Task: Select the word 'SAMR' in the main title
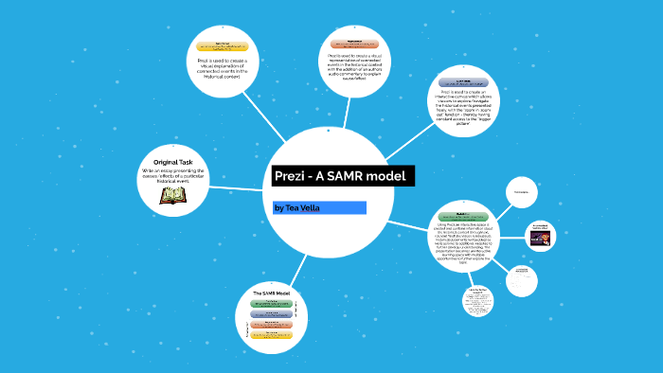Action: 350,177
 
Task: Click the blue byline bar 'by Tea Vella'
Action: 319,207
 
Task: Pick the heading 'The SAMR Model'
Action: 272,294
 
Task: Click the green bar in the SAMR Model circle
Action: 272,304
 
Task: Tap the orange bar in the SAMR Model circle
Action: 272,325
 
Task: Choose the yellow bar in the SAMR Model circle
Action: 272,335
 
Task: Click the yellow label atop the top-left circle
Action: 224,45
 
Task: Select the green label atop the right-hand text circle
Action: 463,217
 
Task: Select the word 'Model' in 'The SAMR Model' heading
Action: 284,294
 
